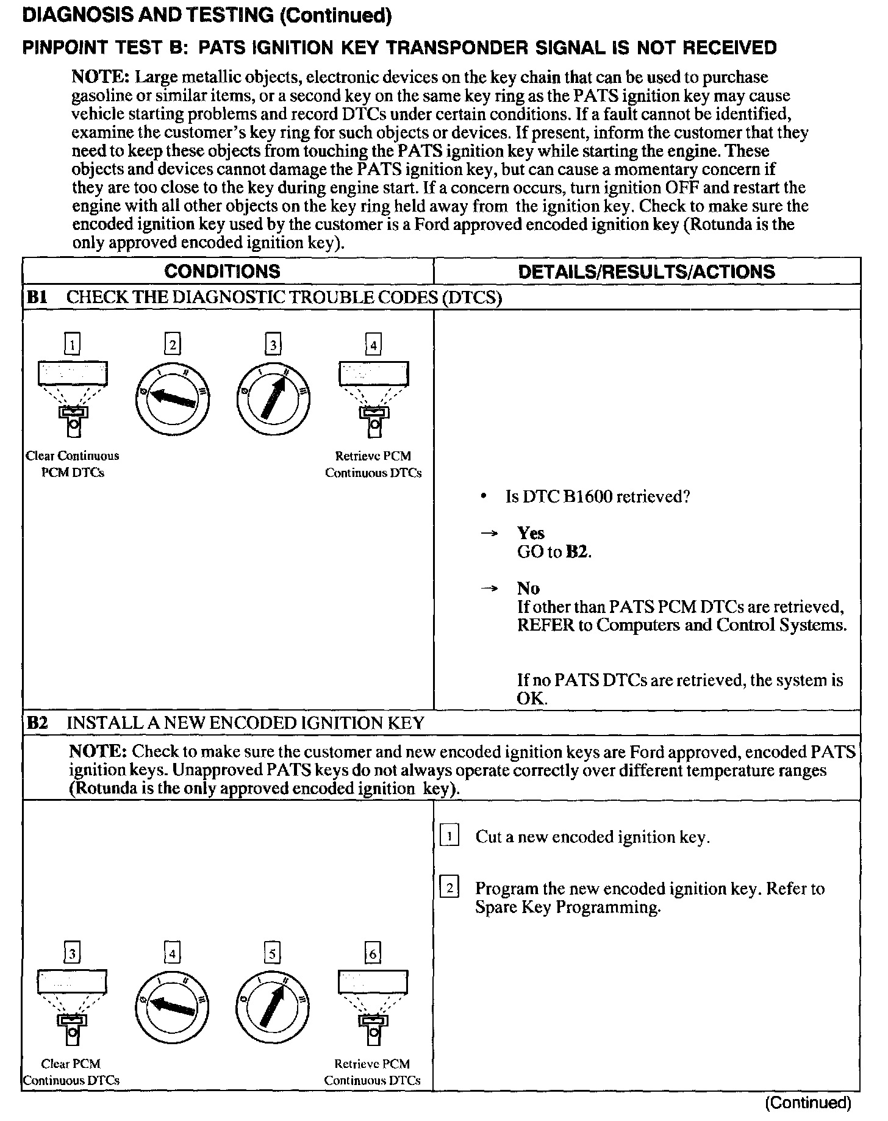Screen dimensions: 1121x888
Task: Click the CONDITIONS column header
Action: [x=222, y=271]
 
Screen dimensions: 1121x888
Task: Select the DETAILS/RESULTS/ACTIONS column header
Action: [x=646, y=271]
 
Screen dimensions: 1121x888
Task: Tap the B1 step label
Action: [x=37, y=298]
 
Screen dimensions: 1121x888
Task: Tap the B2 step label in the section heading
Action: [x=37, y=723]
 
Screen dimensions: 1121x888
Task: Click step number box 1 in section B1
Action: [x=73, y=346]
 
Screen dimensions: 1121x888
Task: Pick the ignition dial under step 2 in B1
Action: [x=172, y=398]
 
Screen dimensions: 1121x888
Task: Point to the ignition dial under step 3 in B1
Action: [x=273, y=398]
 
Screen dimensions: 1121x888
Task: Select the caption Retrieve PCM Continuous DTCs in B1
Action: [x=373, y=464]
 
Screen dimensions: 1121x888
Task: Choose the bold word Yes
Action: [x=531, y=534]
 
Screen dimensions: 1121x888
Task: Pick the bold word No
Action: [x=528, y=589]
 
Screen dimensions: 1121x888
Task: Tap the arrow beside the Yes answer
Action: [x=489, y=534]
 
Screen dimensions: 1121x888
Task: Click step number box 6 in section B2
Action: [x=373, y=953]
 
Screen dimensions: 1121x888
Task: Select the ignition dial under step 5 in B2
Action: [x=272, y=1006]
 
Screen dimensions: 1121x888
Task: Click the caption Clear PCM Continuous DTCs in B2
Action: [x=71, y=1072]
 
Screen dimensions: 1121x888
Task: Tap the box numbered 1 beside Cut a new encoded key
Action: [x=449, y=837]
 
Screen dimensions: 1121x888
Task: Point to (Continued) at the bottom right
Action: [x=807, y=1103]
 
